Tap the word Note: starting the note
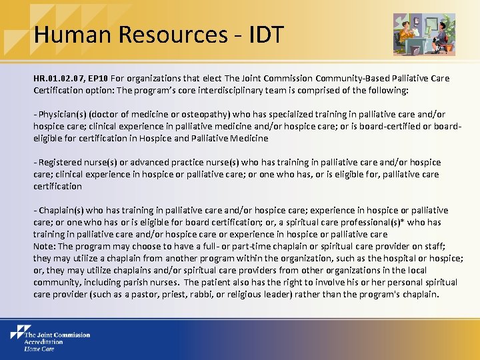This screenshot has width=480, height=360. [x=45, y=246]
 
